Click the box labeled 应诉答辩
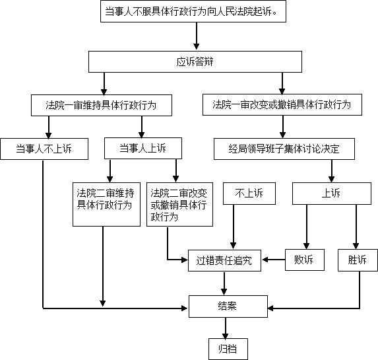point(195,61)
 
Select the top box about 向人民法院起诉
point(193,11)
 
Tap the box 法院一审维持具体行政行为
point(102,105)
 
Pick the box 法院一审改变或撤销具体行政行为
point(282,104)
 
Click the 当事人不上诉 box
point(44,149)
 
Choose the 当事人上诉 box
point(143,148)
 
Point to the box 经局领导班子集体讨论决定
point(284,149)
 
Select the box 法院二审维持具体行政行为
point(107,204)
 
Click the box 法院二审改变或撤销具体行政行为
point(179,204)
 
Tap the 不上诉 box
point(249,194)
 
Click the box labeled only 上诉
point(332,194)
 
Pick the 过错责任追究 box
point(224,260)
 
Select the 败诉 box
point(305,260)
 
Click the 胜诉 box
point(358,260)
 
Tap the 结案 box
point(228,306)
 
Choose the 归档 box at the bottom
point(228,349)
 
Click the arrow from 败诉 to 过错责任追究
point(273,260)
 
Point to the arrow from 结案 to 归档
point(226,328)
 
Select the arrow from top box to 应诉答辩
point(197,36)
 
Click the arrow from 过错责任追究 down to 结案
point(224,283)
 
